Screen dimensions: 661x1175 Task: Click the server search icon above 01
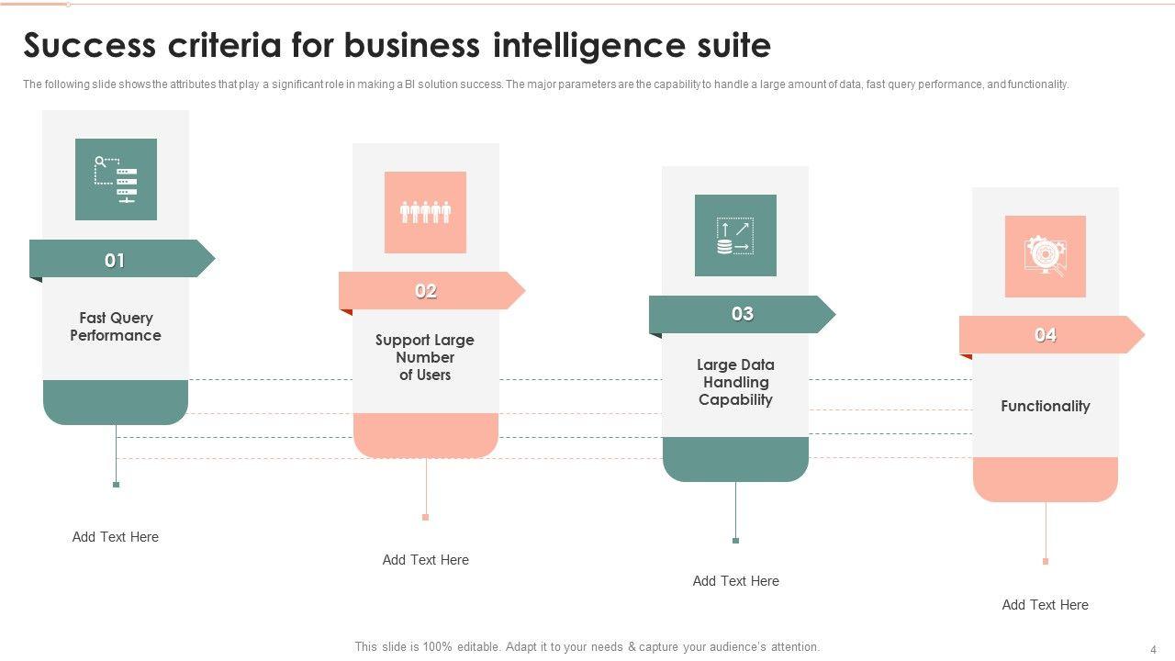click(x=116, y=179)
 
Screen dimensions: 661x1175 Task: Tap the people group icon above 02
click(x=425, y=212)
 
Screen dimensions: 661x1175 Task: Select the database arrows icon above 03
click(x=735, y=235)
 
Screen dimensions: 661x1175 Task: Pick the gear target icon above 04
click(x=1045, y=256)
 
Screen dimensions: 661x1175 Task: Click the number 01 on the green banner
click(x=115, y=261)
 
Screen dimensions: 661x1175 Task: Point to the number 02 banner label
click(x=425, y=291)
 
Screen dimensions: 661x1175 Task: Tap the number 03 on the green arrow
click(x=742, y=314)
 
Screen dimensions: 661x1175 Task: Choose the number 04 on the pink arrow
click(x=1046, y=335)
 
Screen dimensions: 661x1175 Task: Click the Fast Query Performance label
click(x=116, y=327)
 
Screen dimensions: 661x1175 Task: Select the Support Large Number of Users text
click(x=425, y=357)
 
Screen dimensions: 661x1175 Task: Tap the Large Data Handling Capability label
click(x=735, y=382)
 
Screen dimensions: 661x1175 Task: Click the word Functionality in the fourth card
click(x=1045, y=406)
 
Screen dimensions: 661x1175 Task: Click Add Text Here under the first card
click(x=116, y=537)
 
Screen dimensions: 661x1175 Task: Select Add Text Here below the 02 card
click(x=425, y=560)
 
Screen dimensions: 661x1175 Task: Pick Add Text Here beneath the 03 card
click(x=735, y=581)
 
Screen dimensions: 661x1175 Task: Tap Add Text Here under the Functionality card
click(x=1045, y=605)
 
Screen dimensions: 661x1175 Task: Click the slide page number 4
click(x=1153, y=648)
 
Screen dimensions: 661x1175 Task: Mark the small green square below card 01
click(x=116, y=484)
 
